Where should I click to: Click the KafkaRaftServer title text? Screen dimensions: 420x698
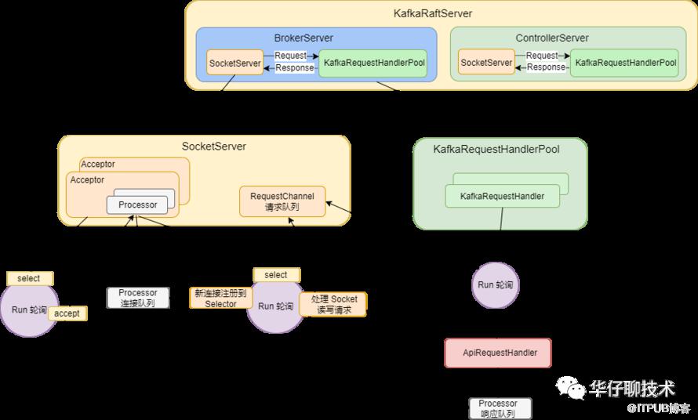(433, 13)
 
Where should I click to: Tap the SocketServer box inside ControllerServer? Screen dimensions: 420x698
(486, 63)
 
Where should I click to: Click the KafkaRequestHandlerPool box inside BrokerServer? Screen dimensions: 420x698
(373, 63)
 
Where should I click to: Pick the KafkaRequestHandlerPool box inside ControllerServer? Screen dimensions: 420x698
(625, 63)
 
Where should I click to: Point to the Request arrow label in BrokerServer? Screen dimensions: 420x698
(290, 56)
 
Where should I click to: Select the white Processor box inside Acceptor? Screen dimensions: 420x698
(137, 205)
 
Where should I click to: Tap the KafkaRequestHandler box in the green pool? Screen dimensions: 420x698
(503, 196)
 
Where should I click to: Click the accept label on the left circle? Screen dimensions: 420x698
(67, 313)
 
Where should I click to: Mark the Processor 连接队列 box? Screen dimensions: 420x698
(138, 298)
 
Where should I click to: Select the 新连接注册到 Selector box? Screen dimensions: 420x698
(220, 299)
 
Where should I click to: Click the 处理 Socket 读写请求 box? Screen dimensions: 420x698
(333, 304)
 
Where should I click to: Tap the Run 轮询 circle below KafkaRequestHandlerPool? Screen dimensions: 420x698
(496, 284)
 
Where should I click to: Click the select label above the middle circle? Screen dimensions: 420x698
(276, 275)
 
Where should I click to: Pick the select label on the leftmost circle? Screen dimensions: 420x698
(29, 278)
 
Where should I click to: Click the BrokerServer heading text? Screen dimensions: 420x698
(304, 38)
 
